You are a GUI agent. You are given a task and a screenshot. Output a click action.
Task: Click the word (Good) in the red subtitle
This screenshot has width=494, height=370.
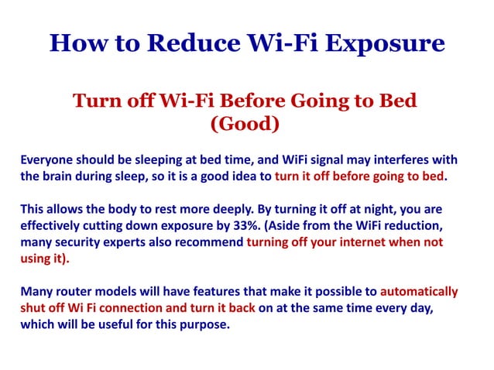[245, 122]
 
